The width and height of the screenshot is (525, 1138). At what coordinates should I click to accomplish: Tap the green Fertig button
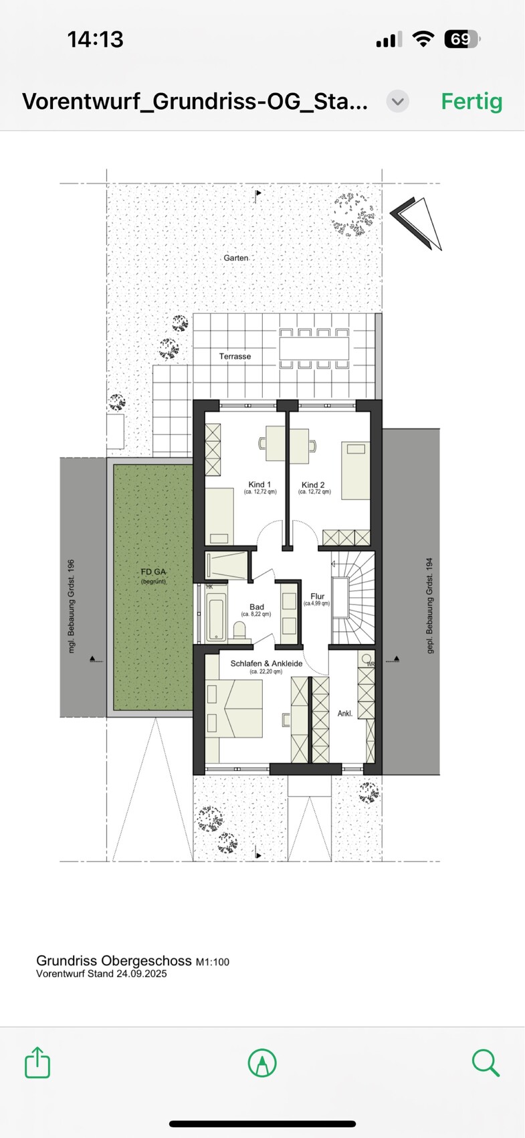pos(471,102)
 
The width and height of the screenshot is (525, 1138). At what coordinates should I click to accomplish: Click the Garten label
pos(236,258)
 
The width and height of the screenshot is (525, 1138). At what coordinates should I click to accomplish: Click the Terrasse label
pos(235,356)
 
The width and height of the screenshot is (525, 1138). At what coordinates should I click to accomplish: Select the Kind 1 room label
pos(259,485)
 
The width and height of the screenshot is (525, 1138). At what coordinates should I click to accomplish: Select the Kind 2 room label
pos(313,485)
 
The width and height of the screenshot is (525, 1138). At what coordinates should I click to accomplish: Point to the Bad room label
pos(257,607)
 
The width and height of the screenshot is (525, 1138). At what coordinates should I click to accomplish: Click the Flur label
pos(317,596)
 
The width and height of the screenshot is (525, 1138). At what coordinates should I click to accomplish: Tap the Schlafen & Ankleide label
pos(266,663)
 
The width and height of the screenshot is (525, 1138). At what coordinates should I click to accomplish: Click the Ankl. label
pos(345,714)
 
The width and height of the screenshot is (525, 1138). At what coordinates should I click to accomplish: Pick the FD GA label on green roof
pos(153,572)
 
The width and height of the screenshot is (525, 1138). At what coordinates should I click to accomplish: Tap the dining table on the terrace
pos(314,348)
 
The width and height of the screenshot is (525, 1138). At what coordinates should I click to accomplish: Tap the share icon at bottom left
pos(37,1062)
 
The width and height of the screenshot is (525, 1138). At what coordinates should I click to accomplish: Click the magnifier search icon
pos(485,1062)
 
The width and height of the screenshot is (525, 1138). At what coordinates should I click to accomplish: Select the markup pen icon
pos(262,1062)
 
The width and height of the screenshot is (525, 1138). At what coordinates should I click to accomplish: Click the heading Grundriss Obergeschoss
pos(114,961)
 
